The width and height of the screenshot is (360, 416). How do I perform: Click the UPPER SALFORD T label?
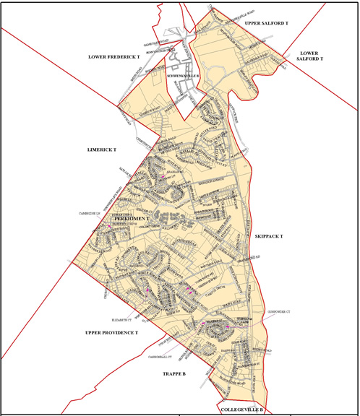265,24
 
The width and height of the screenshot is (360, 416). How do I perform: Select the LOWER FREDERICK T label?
113,56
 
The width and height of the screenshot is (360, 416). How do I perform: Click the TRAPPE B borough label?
170,375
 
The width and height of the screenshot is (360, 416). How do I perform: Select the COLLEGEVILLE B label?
242,409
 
